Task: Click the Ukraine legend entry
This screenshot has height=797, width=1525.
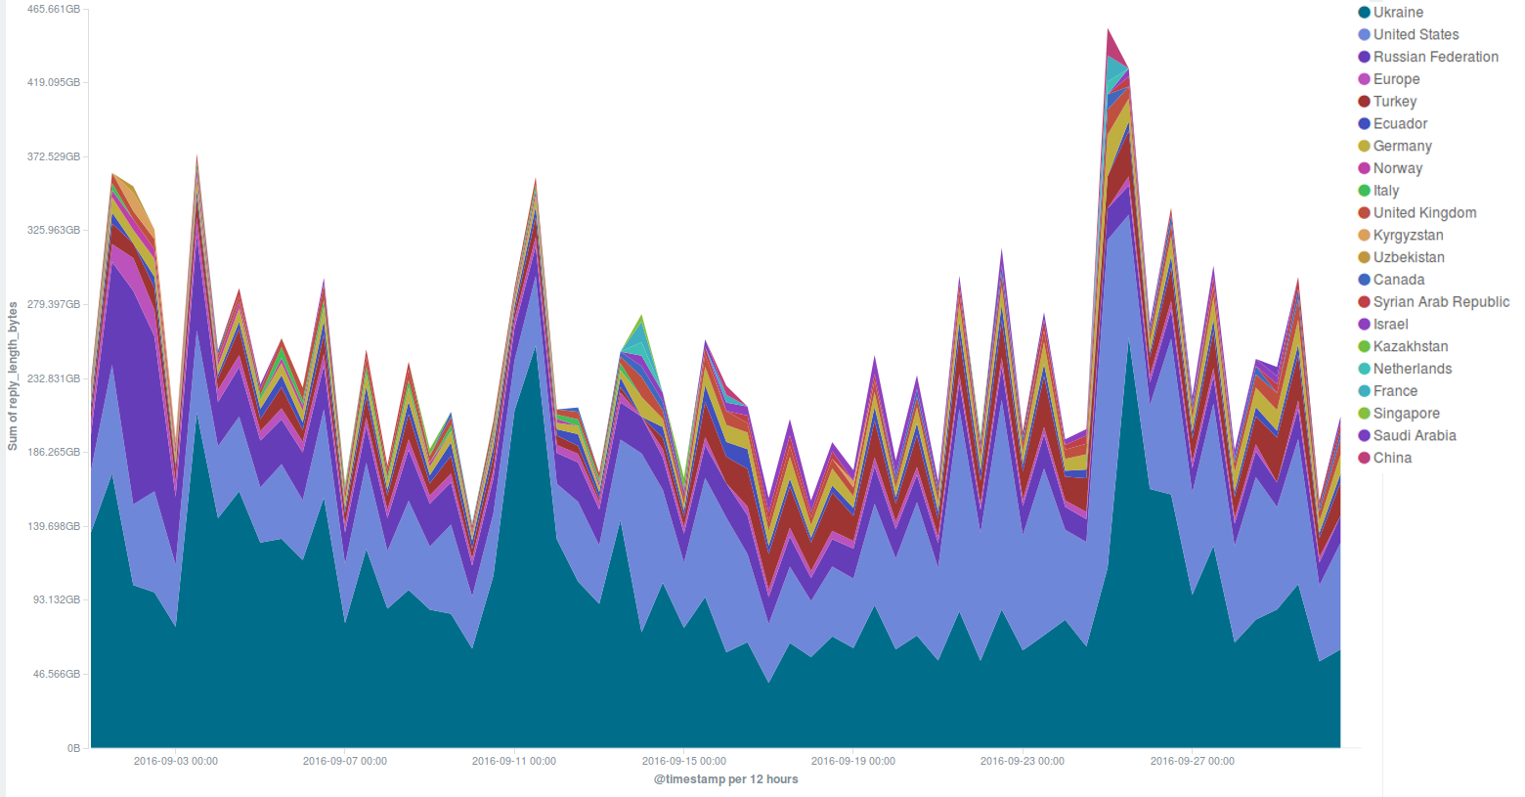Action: click(x=1398, y=13)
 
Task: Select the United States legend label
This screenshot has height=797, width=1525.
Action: click(x=1416, y=35)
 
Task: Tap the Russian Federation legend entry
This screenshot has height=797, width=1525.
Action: click(x=1435, y=57)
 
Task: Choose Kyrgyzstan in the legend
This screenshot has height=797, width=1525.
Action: click(x=1408, y=235)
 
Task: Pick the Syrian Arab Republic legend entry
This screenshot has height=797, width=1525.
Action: click(x=1441, y=302)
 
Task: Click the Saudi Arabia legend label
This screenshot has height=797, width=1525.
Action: click(x=1415, y=435)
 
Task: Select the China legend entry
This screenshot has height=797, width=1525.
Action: click(x=1392, y=458)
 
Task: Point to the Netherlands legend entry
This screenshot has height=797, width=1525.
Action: click(x=1413, y=369)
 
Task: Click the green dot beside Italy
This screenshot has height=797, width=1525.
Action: click(x=1365, y=191)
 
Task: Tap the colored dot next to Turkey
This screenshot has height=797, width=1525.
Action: click(x=1365, y=102)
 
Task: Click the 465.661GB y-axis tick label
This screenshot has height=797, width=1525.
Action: click(x=54, y=10)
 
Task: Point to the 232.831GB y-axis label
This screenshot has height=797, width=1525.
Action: click(x=54, y=378)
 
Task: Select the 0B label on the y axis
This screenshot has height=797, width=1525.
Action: click(x=73, y=748)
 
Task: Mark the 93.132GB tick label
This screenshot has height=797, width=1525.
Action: click(x=57, y=599)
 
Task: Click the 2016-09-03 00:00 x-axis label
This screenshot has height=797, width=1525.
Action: click(x=176, y=761)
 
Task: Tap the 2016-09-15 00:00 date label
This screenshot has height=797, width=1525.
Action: click(x=684, y=761)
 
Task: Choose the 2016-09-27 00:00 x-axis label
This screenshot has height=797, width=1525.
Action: click(x=1192, y=761)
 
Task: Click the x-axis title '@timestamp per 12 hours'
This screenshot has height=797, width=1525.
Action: click(x=725, y=779)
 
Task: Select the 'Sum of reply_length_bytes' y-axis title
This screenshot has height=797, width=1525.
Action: click(x=13, y=376)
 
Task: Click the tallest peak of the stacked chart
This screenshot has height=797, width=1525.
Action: click(x=1109, y=30)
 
